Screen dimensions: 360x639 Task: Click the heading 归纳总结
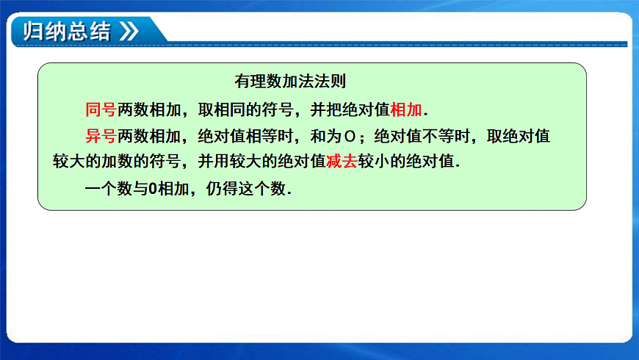coord(67,32)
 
